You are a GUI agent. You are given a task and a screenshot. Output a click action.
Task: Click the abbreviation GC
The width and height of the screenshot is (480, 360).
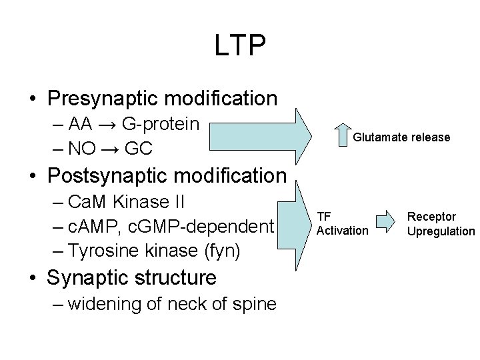(139, 148)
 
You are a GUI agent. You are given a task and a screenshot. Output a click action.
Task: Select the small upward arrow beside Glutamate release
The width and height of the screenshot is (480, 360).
(338, 135)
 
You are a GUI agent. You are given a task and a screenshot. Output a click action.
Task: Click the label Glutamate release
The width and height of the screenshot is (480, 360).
(401, 137)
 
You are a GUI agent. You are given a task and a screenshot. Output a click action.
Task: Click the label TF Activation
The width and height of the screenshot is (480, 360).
(341, 223)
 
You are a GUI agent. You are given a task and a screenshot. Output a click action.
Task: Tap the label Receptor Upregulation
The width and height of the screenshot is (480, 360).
(441, 224)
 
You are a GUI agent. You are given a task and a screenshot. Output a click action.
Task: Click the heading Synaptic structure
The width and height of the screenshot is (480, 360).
(131, 277)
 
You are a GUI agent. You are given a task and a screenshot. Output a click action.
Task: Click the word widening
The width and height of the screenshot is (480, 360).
(101, 304)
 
